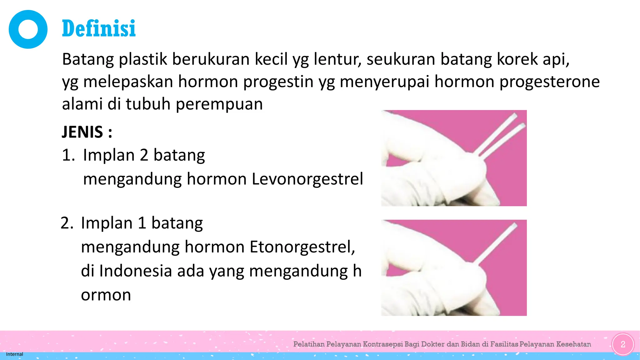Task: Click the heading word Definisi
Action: click(99, 28)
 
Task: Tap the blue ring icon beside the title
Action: click(28, 29)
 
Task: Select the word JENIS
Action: click(82, 132)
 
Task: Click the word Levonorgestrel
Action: click(307, 179)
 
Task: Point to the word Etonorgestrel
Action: click(302, 247)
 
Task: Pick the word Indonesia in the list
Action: click(136, 271)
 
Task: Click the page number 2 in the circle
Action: click(623, 344)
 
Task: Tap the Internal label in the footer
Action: click(14, 354)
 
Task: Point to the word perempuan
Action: click(219, 104)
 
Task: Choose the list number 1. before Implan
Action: click(68, 155)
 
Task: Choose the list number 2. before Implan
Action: click(67, 223)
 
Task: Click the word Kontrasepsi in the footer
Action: click(383, 344)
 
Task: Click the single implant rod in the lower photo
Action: click(497, 244)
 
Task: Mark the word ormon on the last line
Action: click(106, 295)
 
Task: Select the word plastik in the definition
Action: click(143, 59)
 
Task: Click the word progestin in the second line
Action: click(278, 82)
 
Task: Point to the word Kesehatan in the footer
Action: click(573, 344)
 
